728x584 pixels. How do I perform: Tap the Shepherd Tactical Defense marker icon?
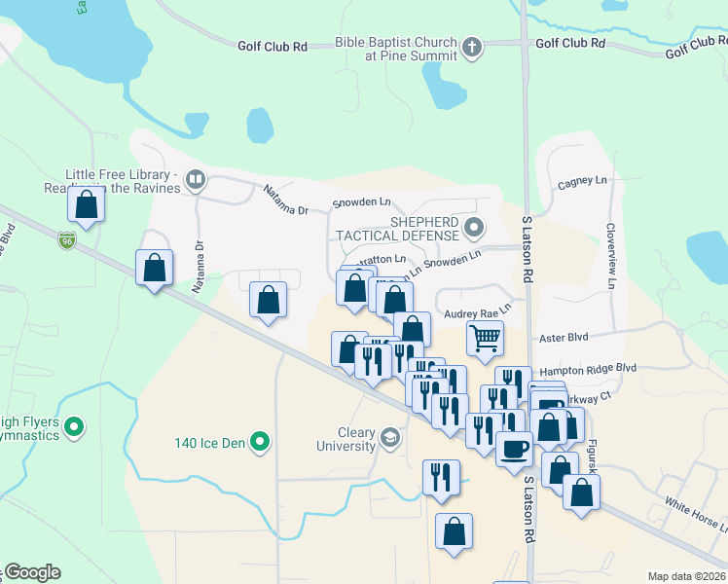coord(474,230)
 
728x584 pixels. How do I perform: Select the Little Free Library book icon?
coord(196,179)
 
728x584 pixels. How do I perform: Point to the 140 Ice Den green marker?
coord(259,443)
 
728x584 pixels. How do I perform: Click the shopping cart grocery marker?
coord(485,339)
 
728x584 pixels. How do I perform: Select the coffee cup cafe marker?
coord(514,449)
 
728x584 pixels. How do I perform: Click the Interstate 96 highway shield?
coord(66,240)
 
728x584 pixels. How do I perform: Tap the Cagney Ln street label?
coord(581,182)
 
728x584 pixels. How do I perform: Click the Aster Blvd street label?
coord(564,337)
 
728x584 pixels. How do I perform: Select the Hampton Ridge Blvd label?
coord(587,368)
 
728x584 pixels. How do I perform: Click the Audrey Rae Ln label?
coord(477,313)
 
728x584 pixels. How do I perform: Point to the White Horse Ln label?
coord(695,513)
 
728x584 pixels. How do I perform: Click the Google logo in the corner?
coord(31,572)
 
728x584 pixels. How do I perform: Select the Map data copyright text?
coord(687,576)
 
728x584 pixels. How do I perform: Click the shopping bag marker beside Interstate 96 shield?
coord(87,206)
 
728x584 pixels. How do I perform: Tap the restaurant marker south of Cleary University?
coord(441,478)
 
